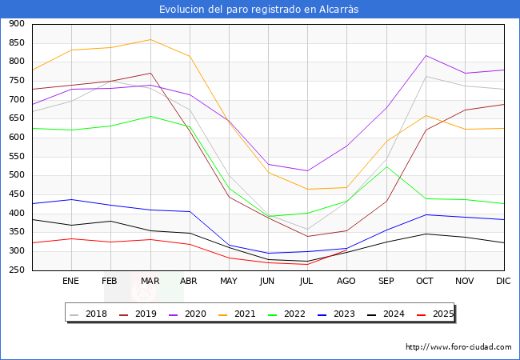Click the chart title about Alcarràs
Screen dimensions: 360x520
(x=259, y=10)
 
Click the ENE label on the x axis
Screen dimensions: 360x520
(x=71, y=282)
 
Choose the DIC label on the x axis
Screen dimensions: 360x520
(x=503, y=282)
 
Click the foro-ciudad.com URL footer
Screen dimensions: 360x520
(x=458, y=347)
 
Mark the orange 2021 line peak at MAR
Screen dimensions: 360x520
(x=150, y=39)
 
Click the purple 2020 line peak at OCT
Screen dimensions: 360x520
(x=426, y=55)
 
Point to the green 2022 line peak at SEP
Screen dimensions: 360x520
(x=387, y=166)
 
